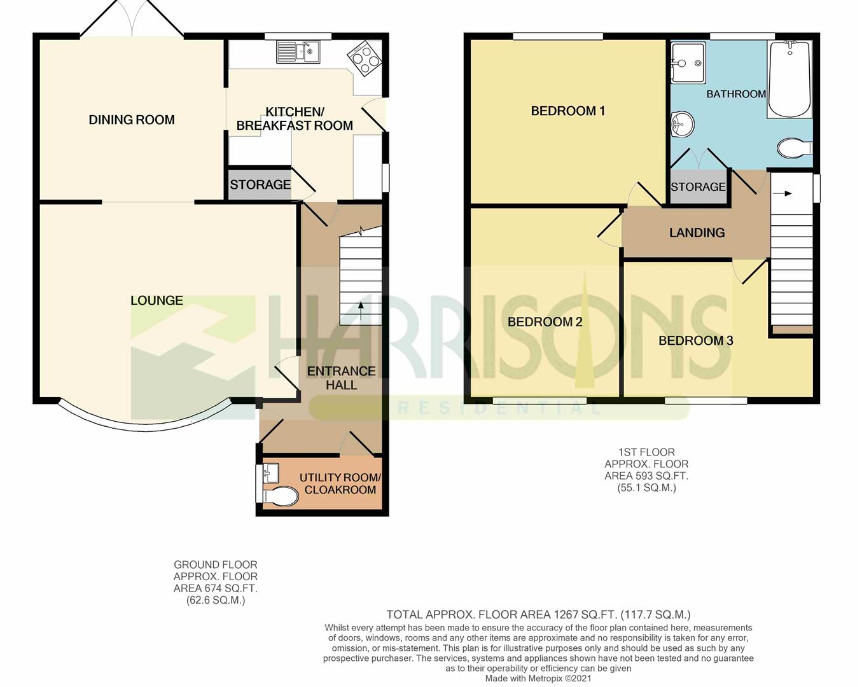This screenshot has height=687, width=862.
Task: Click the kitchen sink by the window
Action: click(x=298, y=52)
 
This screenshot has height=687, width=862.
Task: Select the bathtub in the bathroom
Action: click(x=789, y=78)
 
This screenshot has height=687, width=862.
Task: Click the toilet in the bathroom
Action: click(x=795, y=149)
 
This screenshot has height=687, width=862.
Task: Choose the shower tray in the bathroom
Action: click(x=688, y=62)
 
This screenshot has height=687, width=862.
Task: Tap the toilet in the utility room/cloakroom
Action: click(x=281, y=496)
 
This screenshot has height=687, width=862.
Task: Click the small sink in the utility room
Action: click(x=271, y=473)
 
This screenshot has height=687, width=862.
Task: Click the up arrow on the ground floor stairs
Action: click(x=361, y=311)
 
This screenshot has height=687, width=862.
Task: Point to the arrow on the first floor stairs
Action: click(x=782, y=194)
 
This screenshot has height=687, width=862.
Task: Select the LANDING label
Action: click(x=697, y=232)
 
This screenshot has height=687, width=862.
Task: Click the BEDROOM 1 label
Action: click(x=567, y=111)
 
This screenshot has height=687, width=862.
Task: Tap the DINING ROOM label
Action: click(x=132, y=120)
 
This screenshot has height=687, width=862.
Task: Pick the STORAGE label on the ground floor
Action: click(x=260, y=184)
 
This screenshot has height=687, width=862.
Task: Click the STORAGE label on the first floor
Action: click(x=698, y=186)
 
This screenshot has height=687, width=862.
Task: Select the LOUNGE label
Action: click(x=156, y=300)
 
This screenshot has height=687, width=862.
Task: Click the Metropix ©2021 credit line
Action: click(x=538, y=678)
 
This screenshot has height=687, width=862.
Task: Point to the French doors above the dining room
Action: click(x=132, y=19)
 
